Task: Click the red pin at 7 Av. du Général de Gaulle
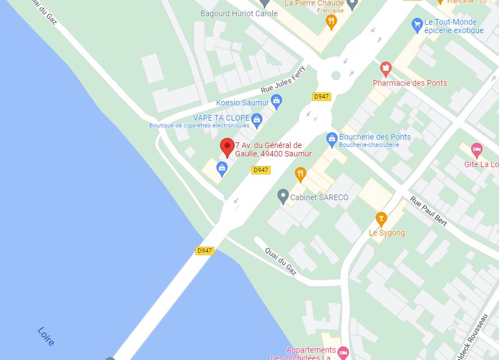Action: (227, 147)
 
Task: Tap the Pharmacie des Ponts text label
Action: (410, 83)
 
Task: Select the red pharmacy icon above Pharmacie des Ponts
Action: (385, 69)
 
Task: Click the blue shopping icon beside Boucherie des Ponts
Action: (332, 138)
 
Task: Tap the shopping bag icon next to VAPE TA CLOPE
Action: (257, 119)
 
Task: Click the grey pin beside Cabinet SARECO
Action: (283, 196)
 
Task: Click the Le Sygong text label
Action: (386, 233)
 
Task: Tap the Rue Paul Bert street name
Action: (428, 211)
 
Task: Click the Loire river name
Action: (46, 336)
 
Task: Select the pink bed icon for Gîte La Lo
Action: (477, 150)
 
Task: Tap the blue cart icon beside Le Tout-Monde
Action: (416, 24)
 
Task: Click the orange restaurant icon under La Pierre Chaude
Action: (331, 21)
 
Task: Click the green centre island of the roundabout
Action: (336, 75)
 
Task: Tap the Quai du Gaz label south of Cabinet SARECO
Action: (280, 261)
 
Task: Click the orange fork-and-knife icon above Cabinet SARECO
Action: (300, 174)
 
